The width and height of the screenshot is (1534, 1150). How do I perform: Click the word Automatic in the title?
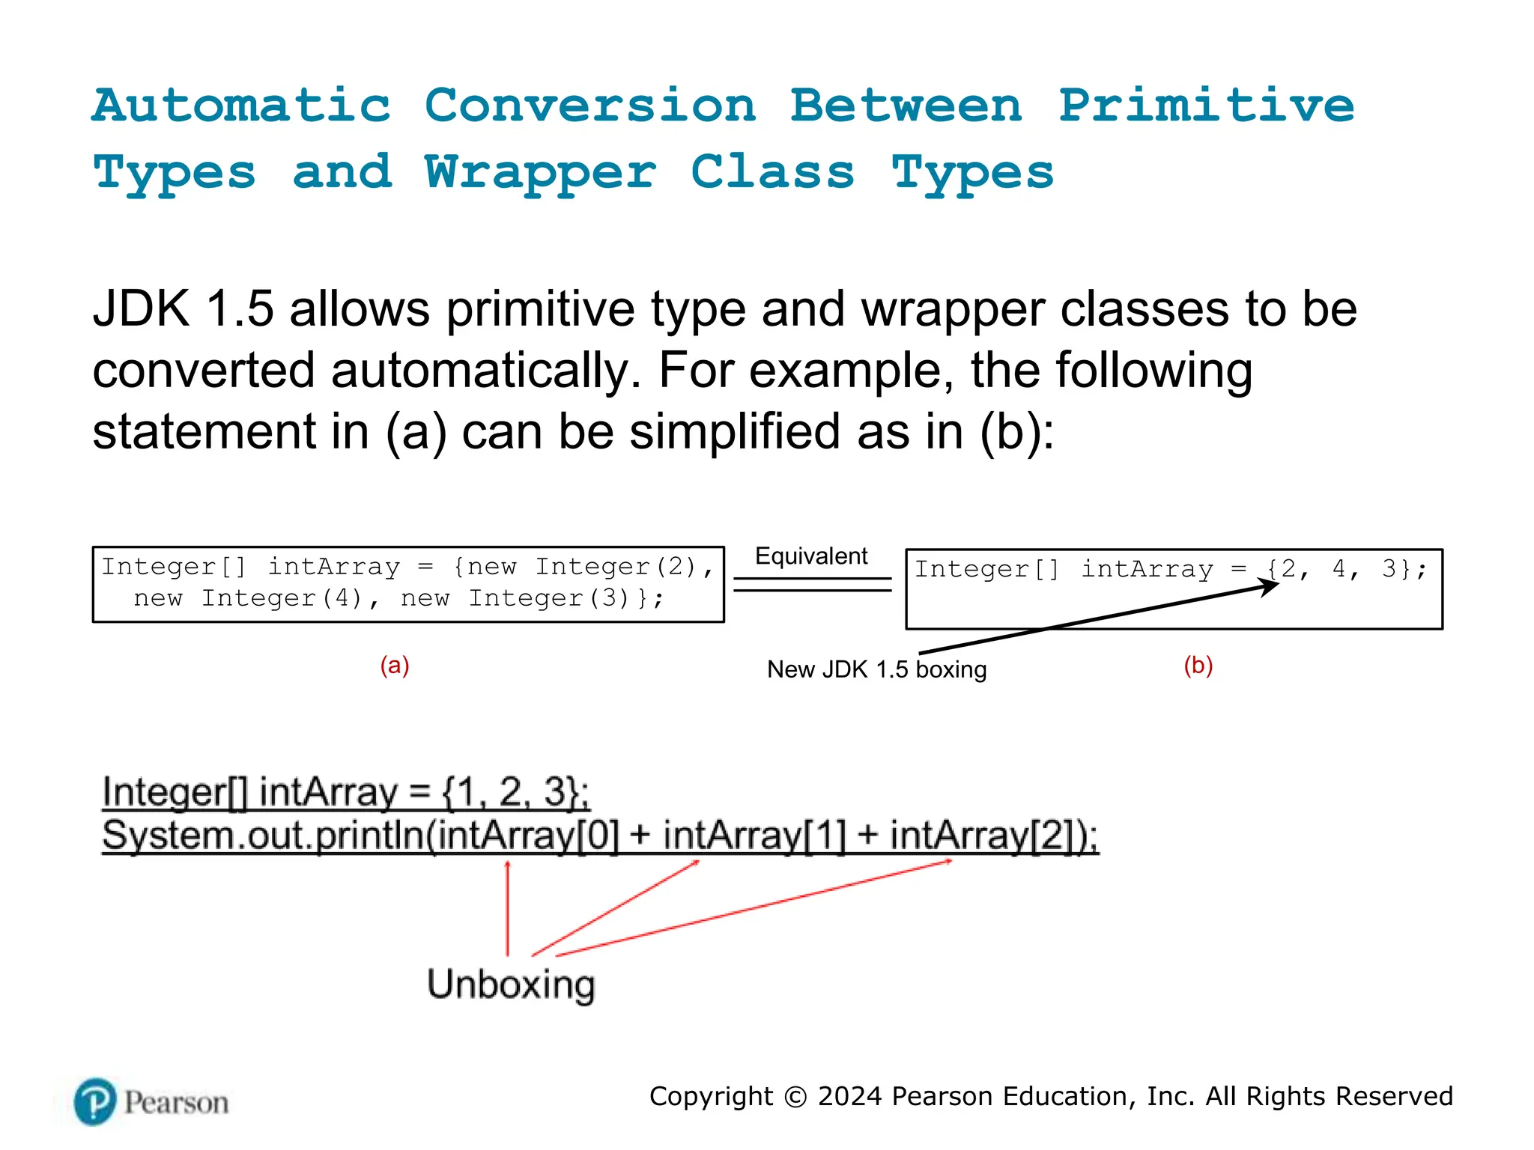(x=241, y=106)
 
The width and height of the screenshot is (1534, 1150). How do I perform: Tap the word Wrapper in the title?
(x=540, y=173)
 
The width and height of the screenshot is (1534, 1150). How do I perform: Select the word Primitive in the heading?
(x=1206, y=106)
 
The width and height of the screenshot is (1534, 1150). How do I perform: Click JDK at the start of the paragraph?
(x=140, y=308)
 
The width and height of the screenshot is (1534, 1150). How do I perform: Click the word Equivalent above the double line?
(x=811, y=556)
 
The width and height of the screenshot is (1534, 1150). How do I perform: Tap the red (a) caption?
(x=395, y=665)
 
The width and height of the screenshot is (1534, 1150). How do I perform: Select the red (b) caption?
(x=1198, y=665)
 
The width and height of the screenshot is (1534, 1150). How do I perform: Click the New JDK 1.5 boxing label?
(x=876, y=669)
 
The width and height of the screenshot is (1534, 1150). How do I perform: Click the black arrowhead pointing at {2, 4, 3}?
(x=1270, y=586)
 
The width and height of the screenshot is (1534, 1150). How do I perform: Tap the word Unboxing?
(x=511, y=984)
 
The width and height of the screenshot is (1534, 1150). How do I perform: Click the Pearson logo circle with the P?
(x=96, y=1102)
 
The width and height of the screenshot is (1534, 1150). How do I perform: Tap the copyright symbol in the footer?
(x=795, y=1097)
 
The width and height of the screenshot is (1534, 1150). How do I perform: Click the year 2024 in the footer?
(x=849, y=1097)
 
